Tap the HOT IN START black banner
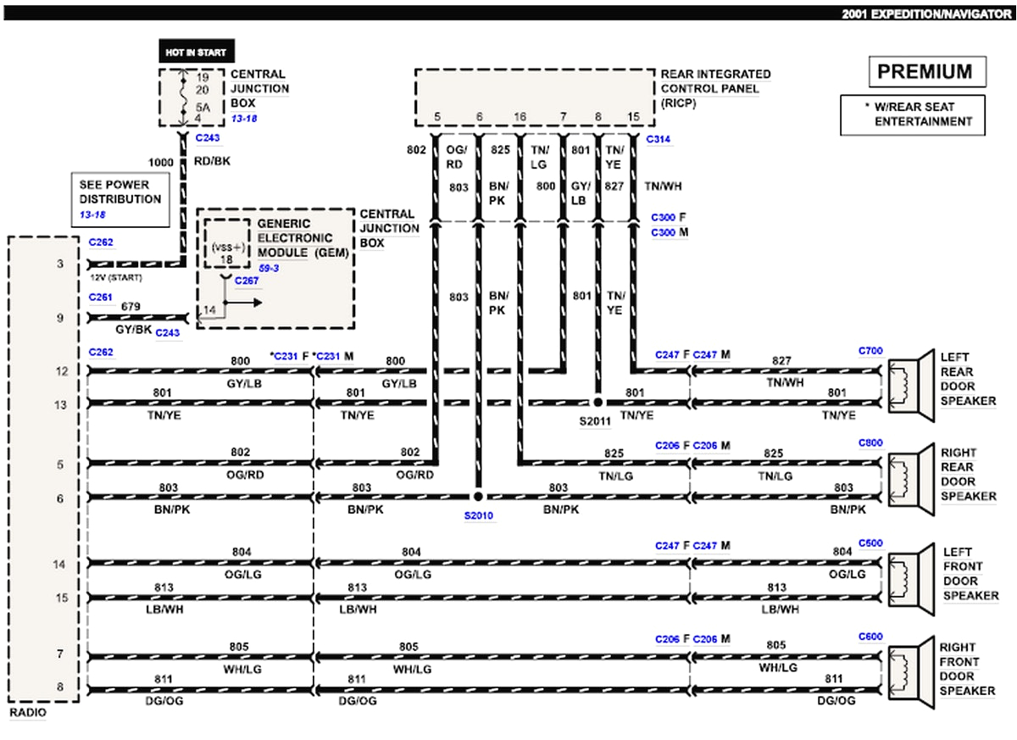196,53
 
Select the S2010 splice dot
478,497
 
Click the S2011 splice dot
597,402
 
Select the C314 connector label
659,139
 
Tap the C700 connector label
870,350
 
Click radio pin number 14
59,564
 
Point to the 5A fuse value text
203,107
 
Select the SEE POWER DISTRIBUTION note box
119,198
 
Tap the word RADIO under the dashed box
28,714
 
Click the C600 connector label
870,637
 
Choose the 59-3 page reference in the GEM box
270,268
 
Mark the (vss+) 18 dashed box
225,246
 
